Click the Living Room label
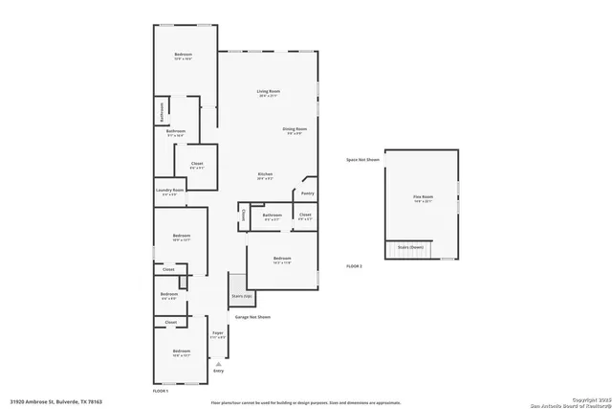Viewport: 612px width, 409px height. [x=267, y=92]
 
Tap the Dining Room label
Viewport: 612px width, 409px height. [x=294, y=128]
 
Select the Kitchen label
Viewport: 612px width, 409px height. [x=266, y=174]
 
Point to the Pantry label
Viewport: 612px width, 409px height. [x=308, y=193]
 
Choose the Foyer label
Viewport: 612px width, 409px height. [x=218, y=333]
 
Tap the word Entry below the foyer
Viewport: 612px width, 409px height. [x=218, y=371]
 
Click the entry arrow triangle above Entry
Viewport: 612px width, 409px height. [x=218, y=362]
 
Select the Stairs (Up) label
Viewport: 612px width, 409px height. [x=240, y=296]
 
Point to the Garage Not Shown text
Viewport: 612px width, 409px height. [x=252, y=316]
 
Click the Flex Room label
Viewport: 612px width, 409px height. [x=423, y=198]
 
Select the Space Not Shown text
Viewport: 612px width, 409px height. [x=362, y=159]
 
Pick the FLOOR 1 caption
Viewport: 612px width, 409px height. [x=161, y=391]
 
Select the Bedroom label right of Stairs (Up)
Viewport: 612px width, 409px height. [x=281, y=259]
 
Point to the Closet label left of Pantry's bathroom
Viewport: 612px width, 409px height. [x=243, y=215]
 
